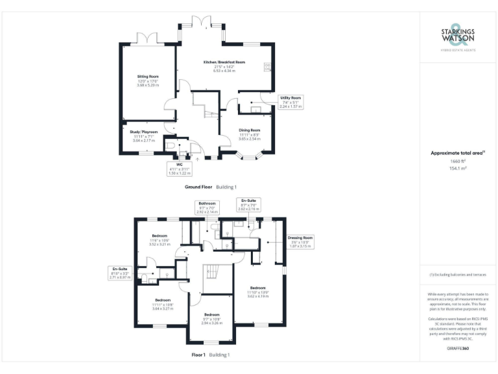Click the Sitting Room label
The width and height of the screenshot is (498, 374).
[x=148, y=77]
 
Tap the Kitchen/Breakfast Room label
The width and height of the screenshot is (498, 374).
[x=224, y=62]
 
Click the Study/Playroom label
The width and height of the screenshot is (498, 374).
[x=144, y=132]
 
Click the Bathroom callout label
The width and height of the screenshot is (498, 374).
[x=209, y=204]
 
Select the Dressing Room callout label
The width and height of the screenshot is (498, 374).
[x=300, y=238]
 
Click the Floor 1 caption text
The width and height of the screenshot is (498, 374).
[x=198, y=355]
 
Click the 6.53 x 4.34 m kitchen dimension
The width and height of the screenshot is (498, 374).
[x=224, y=70]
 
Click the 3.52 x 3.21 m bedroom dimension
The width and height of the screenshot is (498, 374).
[x=159, y=244]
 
